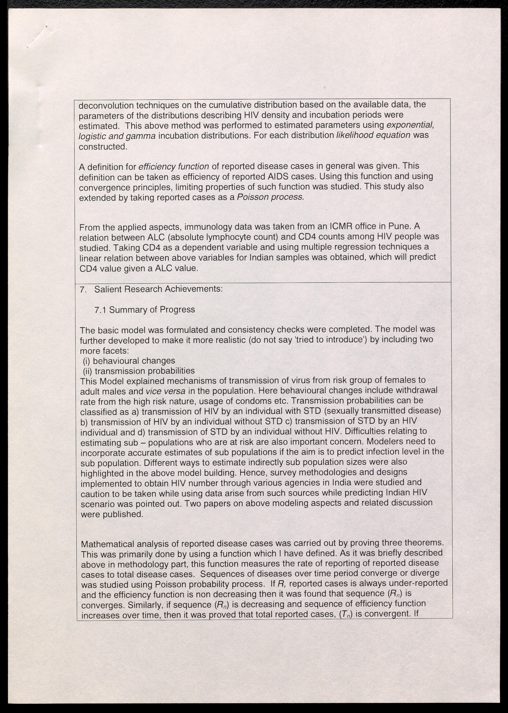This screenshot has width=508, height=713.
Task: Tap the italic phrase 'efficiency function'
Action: [174, 167]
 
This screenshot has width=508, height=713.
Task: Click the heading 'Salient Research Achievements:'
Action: [158, 289]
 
